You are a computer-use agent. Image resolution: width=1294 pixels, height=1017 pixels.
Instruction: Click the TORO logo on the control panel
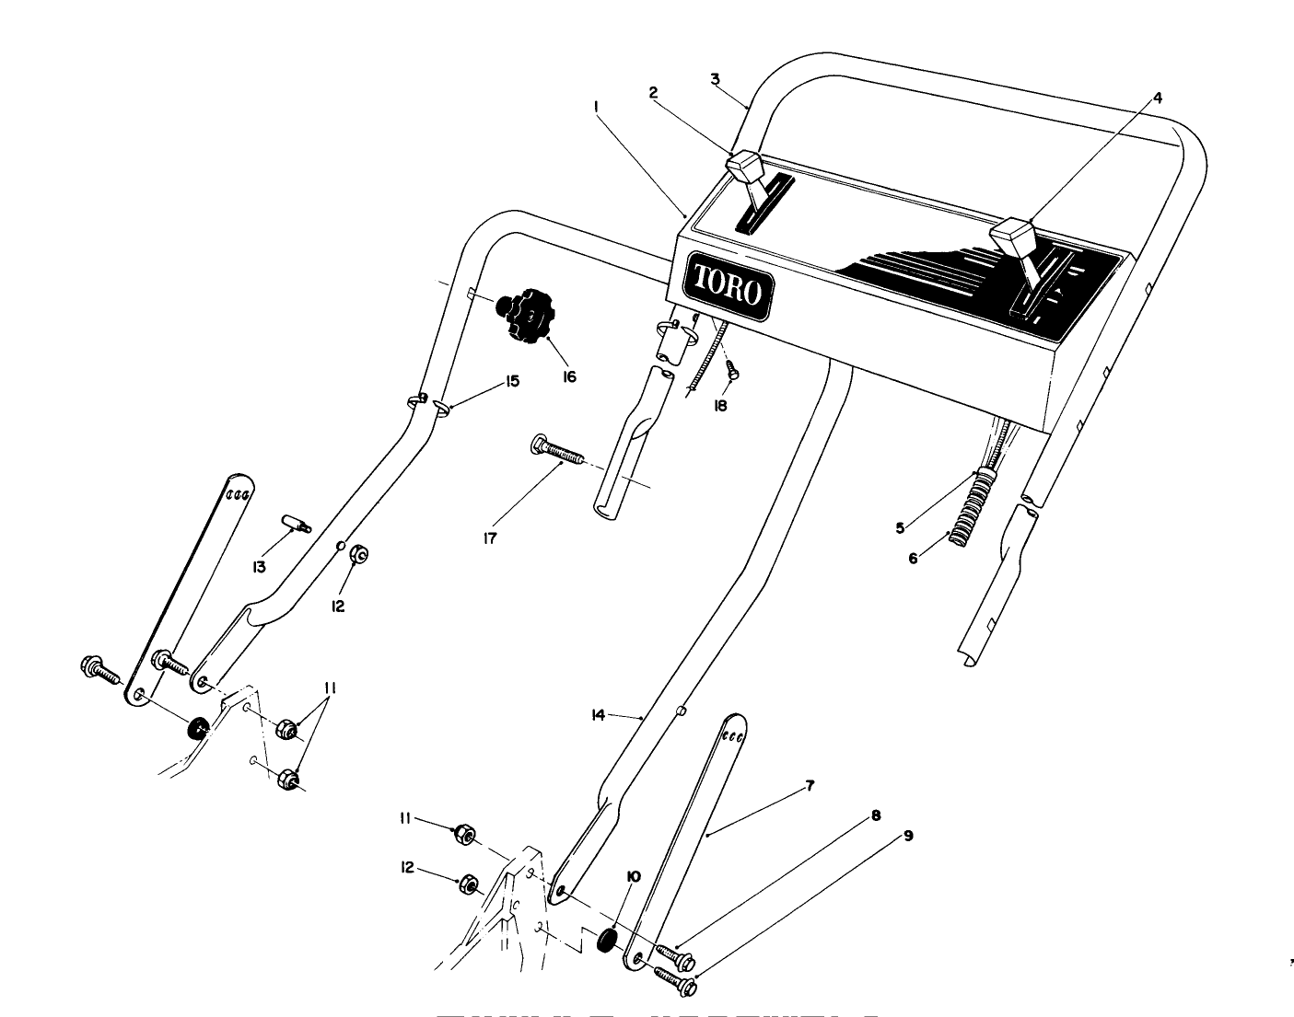coord(728,286)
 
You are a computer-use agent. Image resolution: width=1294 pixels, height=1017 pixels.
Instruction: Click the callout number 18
coord(720,405)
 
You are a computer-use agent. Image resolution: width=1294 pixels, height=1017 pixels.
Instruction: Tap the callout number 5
coord(900,527)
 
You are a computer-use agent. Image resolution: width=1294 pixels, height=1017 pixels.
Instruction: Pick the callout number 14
coord(598,714)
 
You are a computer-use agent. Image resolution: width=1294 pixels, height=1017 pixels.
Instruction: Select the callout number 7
coord(810,785)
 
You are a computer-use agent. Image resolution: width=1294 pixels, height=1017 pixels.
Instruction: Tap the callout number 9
coord(908,836)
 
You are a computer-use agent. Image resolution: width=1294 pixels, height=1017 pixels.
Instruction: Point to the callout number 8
coord(876,815)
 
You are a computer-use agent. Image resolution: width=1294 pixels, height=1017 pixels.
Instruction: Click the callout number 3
coord(715,78)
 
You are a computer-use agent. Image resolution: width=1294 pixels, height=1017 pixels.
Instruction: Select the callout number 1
coord(598,107)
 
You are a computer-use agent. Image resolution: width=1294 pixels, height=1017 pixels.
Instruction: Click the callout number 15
coord(511,380)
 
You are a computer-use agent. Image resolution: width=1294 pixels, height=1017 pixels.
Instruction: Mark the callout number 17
coord(490,538)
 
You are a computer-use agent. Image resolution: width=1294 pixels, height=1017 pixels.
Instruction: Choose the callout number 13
coord(260,567)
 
